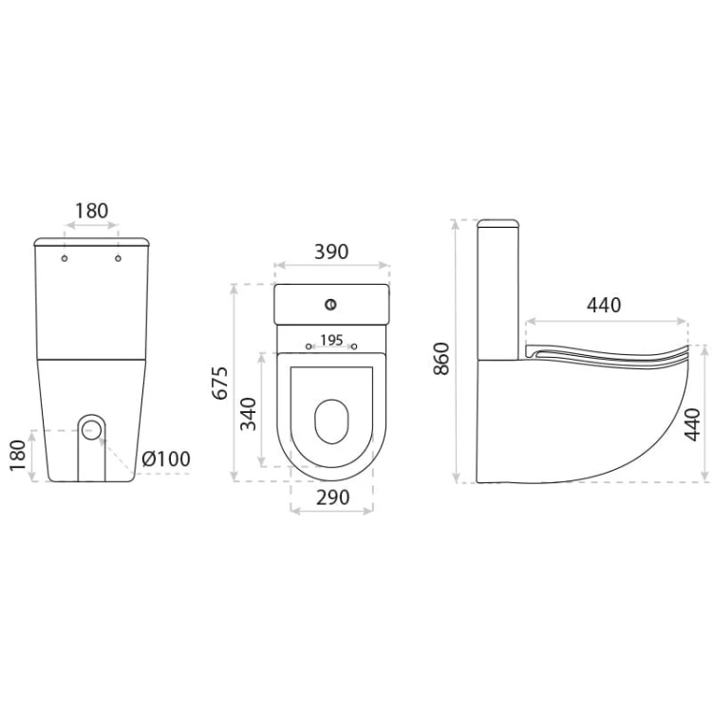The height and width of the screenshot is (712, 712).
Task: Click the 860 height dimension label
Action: click(x=440, y=358)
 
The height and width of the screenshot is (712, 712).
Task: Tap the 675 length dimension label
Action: click(x=220, y=383)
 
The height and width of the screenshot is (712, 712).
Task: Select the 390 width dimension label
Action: click(x=331, y=252)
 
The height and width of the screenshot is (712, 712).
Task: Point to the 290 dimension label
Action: click(x=333, y=497)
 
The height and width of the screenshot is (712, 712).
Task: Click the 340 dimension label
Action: click(x=249, y=414)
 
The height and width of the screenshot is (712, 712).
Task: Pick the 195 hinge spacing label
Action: click(x=331, y=340)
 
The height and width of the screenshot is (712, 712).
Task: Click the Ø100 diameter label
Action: click(x=166, y=459)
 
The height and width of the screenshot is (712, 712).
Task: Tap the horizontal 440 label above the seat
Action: click(x=604, y=305)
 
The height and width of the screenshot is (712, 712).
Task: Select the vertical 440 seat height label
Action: click(x=692, y=424)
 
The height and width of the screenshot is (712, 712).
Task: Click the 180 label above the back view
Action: click(x=92, y=211)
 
